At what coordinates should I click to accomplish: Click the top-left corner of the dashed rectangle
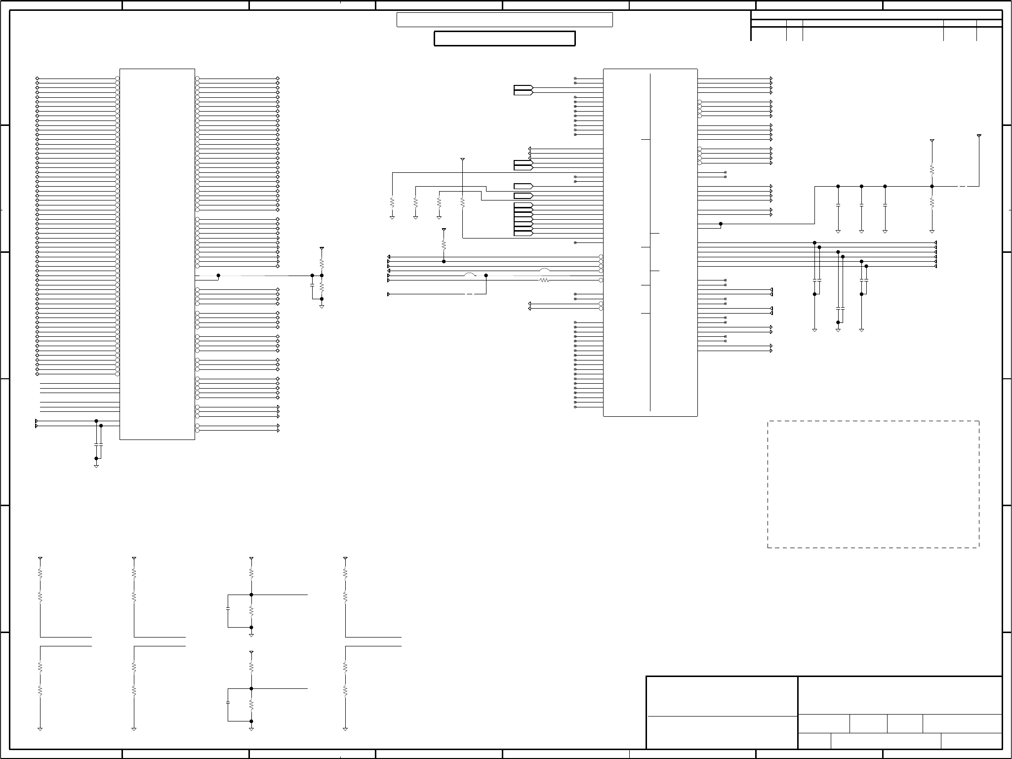[768, 421]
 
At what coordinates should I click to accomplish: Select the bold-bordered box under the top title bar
[504, 39]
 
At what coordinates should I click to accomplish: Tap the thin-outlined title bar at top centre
[504, 20]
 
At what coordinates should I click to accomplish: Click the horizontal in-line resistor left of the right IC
[544, 280]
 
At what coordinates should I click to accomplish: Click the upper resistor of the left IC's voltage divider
[322, 263]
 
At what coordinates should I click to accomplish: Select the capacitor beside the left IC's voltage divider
[312, 285]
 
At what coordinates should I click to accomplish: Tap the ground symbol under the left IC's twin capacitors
[96, 465]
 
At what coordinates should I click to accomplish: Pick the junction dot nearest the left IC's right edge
[218, 276]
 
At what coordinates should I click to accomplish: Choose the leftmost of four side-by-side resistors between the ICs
[392, 202]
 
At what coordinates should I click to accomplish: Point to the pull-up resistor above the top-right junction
[932, 170]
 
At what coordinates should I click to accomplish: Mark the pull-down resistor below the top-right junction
[932, 203]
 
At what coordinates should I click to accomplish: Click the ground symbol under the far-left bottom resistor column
[40, 729]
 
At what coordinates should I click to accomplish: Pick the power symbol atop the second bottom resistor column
[134, 559]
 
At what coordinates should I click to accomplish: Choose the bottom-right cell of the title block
[971, 741]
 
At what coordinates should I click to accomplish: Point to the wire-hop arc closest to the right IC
[544, 270]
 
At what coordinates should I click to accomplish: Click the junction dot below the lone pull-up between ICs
[444, 261]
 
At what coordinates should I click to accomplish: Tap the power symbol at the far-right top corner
[979, 135]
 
